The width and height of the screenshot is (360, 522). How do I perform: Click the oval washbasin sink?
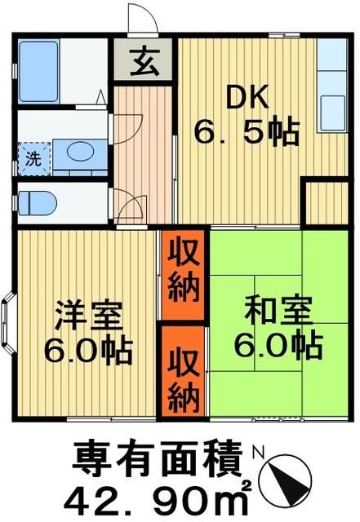[x=79, y=152]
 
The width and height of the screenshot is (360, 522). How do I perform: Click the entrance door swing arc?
[x=140, y=18]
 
